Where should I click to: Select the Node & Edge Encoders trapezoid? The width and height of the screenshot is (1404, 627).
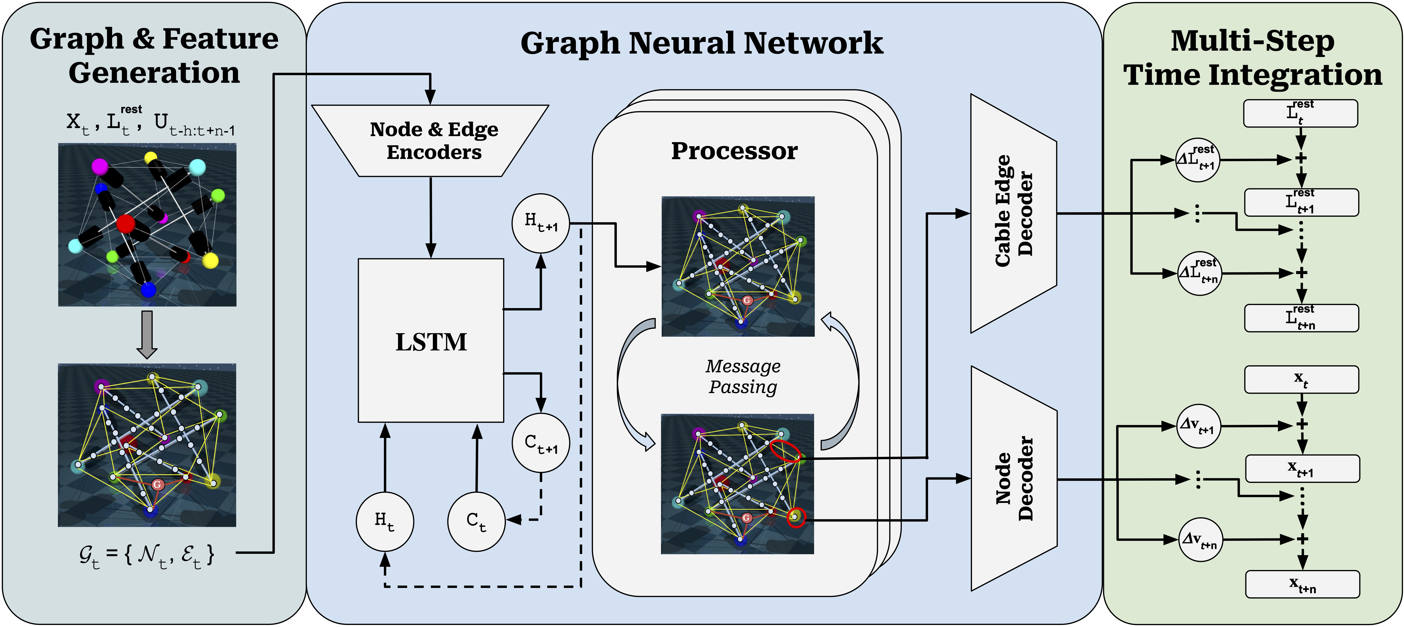pos(431,141)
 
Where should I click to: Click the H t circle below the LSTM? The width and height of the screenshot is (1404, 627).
pos(385,521)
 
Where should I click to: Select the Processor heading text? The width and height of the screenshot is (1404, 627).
pos(734,151)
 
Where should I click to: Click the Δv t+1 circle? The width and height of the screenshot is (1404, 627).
pos(1198,426)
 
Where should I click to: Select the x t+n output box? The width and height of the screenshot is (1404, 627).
pos(1302,584)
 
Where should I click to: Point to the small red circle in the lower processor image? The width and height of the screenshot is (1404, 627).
pos(796,517)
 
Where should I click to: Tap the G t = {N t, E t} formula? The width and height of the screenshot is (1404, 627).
pos(146,555)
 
